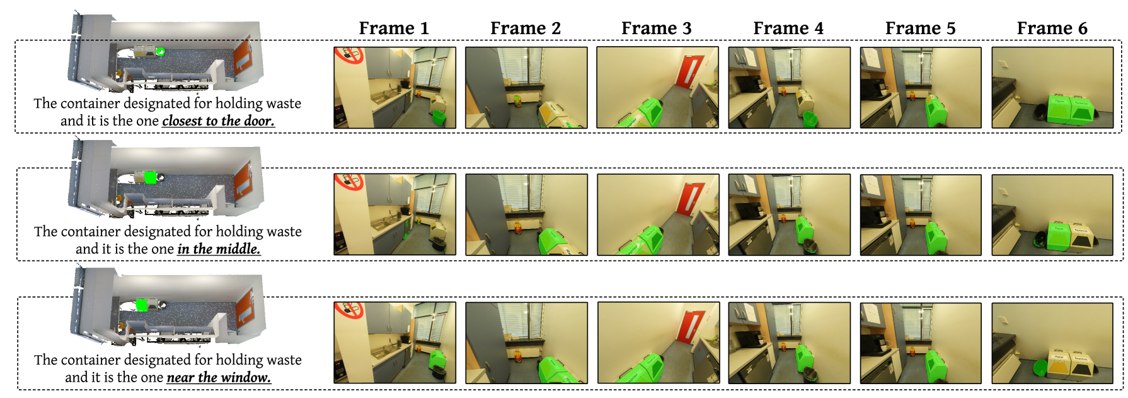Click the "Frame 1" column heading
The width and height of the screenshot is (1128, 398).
(x=394, y=28)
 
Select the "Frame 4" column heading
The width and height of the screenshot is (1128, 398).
(x=788, y=28)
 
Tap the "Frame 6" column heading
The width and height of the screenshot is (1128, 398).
(x=1052, y=28)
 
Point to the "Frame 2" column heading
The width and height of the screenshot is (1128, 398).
(x=526, y=28)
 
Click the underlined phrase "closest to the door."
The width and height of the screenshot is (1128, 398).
(x=218, y=121)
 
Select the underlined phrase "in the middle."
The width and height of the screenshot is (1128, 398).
(x=219, y=249)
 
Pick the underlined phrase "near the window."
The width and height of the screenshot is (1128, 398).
(x=219, y=377)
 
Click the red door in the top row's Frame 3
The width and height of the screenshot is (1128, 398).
(x=690, y=71)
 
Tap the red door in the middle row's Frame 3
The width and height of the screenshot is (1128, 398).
(x=690, y=199)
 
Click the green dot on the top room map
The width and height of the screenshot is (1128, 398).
(x=161, y=52)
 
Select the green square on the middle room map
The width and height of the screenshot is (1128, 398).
(x=150, y=177)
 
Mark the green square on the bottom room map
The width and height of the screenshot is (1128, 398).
(x=142, y=305)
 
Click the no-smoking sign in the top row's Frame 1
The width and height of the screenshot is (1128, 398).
(x=348, y=56)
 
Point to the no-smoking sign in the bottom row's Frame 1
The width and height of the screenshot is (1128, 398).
(x=348, y=310)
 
